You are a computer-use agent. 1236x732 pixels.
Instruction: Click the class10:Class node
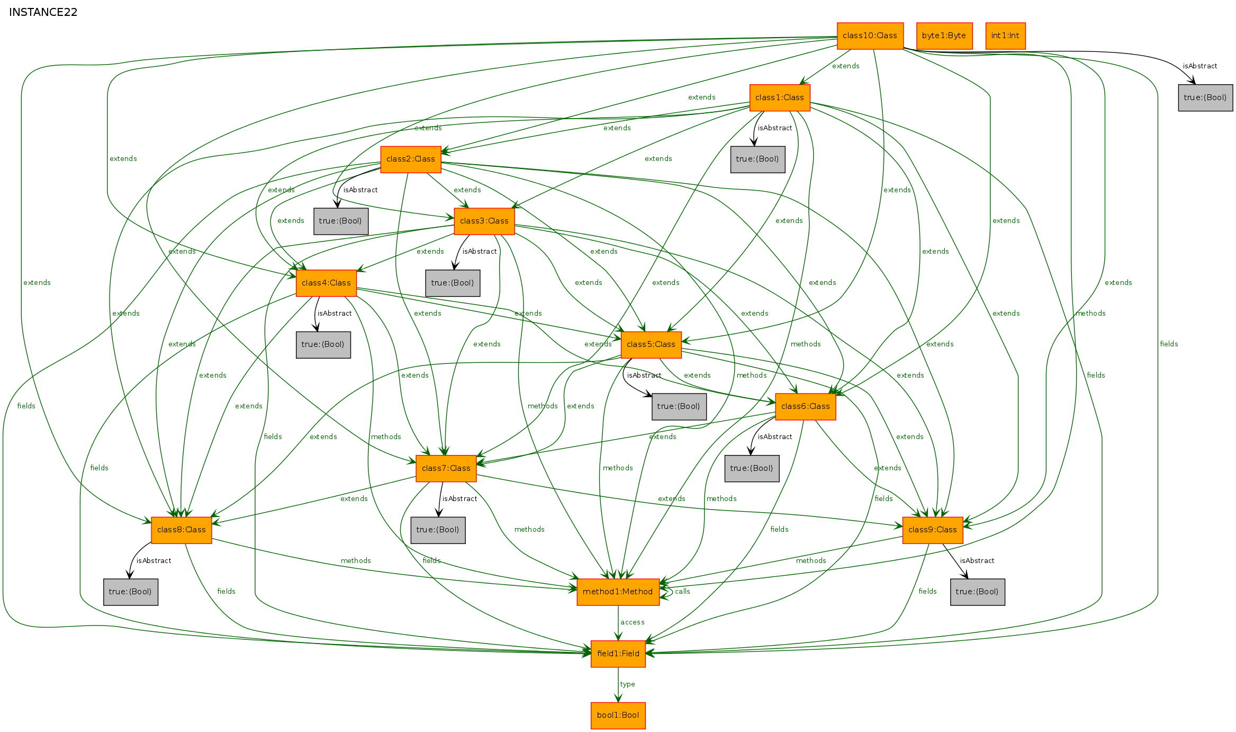870,35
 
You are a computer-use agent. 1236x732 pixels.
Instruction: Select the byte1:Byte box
944,35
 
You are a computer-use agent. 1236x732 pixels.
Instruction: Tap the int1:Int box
1005,35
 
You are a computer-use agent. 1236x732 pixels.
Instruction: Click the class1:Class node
779,97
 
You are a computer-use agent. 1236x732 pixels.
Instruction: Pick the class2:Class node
410,159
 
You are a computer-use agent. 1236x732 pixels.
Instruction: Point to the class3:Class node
484,221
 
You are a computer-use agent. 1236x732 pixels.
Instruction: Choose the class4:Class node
326,283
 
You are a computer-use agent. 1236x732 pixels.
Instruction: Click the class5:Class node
651,344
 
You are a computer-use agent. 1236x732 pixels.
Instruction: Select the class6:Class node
805,406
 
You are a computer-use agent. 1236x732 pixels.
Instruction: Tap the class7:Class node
446,468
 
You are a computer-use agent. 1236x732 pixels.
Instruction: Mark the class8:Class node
181,530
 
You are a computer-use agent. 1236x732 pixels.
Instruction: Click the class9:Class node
932,530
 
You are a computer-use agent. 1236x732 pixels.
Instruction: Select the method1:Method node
618,592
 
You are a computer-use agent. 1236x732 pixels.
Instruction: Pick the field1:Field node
618,654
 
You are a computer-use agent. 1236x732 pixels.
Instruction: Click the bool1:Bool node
618,715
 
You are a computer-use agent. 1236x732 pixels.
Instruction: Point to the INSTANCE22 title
43,12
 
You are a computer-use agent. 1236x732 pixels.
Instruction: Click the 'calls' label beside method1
682,591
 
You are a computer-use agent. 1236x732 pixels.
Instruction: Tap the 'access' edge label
632,622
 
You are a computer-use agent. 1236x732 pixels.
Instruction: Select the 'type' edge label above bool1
627,684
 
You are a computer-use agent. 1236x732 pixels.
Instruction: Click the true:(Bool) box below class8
130,592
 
